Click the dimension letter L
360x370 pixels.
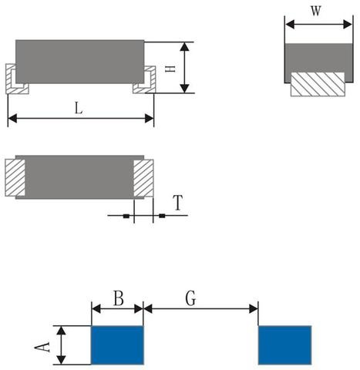(79, 108)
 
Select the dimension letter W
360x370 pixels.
(315, 12)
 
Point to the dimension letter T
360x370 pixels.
(178, 203)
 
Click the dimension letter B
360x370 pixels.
(118, 298)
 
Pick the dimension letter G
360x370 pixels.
(190, 298)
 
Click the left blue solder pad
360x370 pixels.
(117, 345)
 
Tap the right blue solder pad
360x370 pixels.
(284, 345)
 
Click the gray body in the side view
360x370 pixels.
(80, 61)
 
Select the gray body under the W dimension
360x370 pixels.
(315, 58)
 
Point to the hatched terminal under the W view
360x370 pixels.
(316, 84)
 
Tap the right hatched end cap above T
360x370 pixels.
(144, 177)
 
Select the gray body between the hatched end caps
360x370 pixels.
(80, 177)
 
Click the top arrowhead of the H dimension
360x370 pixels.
(184, 46)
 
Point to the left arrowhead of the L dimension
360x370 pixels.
(12, 118)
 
